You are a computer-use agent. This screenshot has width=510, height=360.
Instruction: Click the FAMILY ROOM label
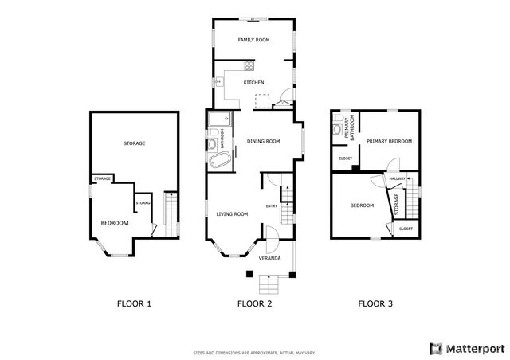coord(253,40)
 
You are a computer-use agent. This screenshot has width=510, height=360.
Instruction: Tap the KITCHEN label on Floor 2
coord(253,82)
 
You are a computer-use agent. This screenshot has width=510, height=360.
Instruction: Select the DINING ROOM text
coord(264,141)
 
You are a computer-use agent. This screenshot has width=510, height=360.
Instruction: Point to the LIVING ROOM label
coord(232,213)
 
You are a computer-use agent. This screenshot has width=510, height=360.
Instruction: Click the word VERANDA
coord(269,259)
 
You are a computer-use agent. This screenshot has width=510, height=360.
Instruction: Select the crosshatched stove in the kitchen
coord(249,67)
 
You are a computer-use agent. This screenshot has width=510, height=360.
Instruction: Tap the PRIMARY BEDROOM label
coord(389,141)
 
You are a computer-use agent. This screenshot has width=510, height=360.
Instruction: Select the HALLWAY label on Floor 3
coord(398,179)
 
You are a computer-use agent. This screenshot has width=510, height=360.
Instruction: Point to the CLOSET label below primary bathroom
coord(345,158)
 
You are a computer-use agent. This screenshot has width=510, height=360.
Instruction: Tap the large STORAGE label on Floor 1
coord(134,143)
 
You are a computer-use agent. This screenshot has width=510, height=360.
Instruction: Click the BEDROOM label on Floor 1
coord(114,223)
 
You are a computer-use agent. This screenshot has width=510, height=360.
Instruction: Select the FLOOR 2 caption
coord(254,303)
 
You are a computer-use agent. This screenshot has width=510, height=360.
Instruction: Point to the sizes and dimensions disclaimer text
coord(254,352)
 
